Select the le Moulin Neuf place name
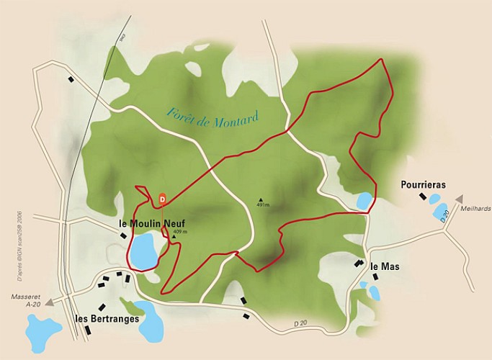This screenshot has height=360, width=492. coord(152,224)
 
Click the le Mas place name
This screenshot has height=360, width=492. coord(385,266)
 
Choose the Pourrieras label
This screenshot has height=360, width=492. coord(423,185)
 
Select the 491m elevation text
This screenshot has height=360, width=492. coord(262,206)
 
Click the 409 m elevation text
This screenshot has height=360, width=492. coord(180,231)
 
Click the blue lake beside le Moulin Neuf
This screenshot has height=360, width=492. coord(143,251)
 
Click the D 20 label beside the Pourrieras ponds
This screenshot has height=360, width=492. coord(444,213)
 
